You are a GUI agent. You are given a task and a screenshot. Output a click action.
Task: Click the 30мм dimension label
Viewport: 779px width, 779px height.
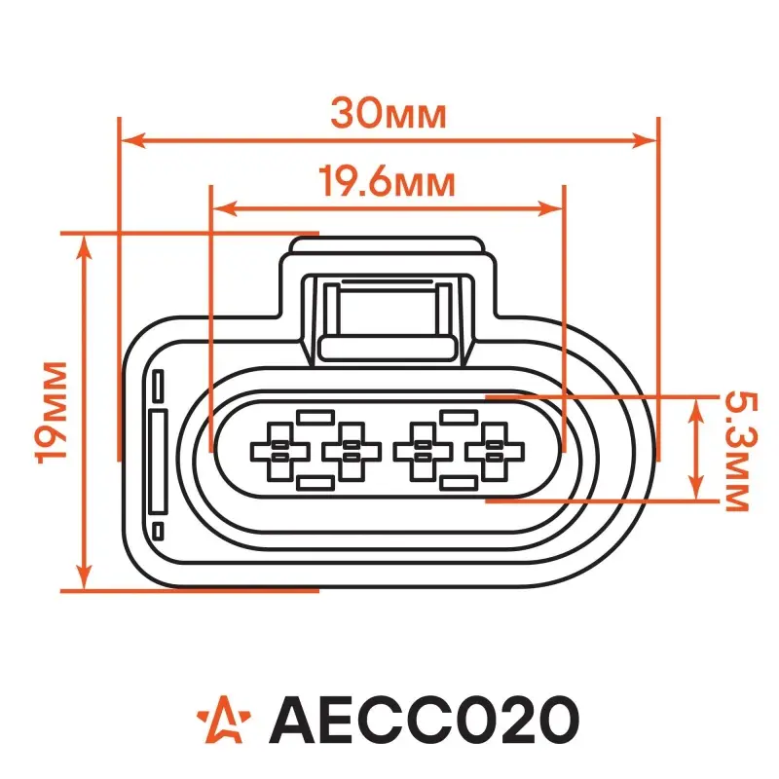(389, 114)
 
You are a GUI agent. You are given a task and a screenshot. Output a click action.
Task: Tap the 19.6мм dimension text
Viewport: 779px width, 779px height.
(387, 182)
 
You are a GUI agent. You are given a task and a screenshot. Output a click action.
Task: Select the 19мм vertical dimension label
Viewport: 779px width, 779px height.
(52, 413)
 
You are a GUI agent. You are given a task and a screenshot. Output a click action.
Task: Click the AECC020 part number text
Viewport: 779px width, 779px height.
(424, 720)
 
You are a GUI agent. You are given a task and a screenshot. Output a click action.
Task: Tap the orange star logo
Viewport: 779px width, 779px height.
(224, 719)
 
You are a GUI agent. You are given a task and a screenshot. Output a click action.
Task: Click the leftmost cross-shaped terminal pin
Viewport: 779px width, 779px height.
(280, 452)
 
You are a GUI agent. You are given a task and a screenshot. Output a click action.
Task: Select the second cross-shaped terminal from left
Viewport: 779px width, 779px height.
(352, 452)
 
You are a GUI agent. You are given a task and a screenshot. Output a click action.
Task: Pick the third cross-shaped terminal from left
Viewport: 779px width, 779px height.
(423, 452)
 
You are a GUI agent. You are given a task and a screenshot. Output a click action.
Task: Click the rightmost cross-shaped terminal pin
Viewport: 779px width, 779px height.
(495, 452)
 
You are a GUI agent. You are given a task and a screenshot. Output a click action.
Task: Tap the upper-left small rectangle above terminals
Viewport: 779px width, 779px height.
(315, 418)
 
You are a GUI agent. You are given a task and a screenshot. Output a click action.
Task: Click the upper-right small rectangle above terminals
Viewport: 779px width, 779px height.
(460, 418)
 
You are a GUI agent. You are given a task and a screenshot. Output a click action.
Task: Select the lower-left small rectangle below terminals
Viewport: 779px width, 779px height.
(315, 483)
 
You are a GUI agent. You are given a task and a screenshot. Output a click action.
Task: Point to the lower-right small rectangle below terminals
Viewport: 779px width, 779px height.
(460, 483)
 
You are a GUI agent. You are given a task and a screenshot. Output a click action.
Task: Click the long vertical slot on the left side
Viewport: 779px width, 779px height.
(159, 462)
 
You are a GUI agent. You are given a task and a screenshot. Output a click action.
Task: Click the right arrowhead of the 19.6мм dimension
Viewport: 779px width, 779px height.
(550, 209)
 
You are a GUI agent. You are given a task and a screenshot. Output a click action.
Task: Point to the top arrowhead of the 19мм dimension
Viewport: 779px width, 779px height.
(86, 247)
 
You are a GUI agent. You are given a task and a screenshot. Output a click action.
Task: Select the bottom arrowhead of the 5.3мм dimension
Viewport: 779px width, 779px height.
(696, 487)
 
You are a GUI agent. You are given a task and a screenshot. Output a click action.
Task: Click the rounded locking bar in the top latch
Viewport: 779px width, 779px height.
(387, 348)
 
